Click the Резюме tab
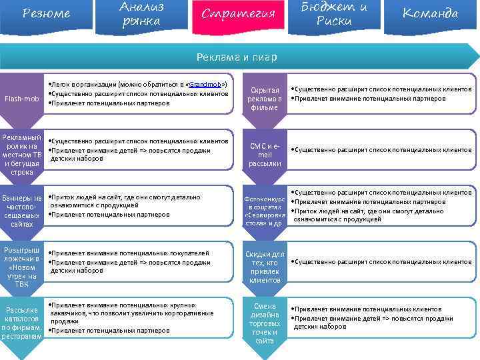(x=46, y=14)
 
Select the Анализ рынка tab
(x=142, y=14)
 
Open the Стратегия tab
(x=238, y=14)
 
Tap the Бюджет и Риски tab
(x=334, y=14)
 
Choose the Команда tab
(x=430, y=14)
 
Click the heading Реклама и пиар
(x=240, y=57)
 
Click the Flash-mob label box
(x=21, y=99)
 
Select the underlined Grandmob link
(x=206, y=85)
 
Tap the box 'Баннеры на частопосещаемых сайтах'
(x=21, y=211)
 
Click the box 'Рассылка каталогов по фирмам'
(x=21, y=323)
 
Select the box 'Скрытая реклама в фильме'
(x=265, y=98)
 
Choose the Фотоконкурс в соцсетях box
(x=265, y=211)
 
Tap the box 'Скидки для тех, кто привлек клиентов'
(x=265, y=267)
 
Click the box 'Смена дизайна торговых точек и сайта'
(x=265, y=323)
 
